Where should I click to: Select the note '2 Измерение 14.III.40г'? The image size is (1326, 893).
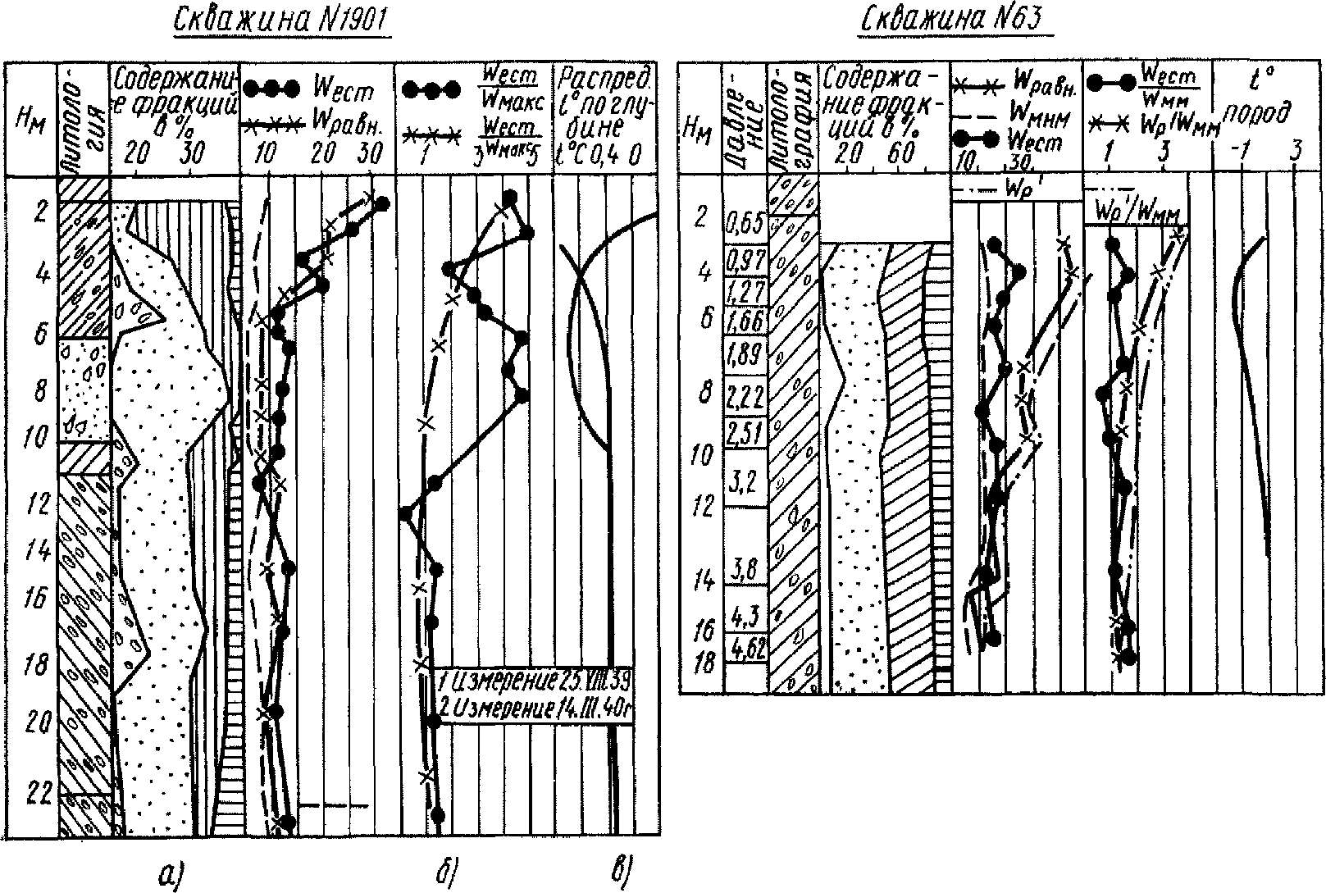[x=532, y=708]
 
